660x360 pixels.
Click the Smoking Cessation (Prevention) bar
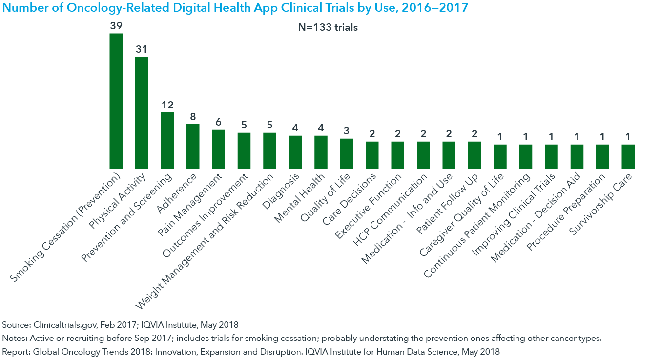(116, 101)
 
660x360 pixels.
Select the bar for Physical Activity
(142, 113)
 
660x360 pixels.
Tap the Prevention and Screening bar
(167, 141)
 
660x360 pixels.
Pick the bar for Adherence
(193, 147)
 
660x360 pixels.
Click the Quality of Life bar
(346, 154)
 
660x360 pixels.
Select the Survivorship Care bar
(628, 157)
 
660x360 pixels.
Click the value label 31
(142, 49)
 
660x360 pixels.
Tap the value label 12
(167, 105)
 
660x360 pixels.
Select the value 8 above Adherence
(193, 117)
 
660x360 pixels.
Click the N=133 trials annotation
(328, 28)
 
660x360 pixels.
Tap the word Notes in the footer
(14, 338)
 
